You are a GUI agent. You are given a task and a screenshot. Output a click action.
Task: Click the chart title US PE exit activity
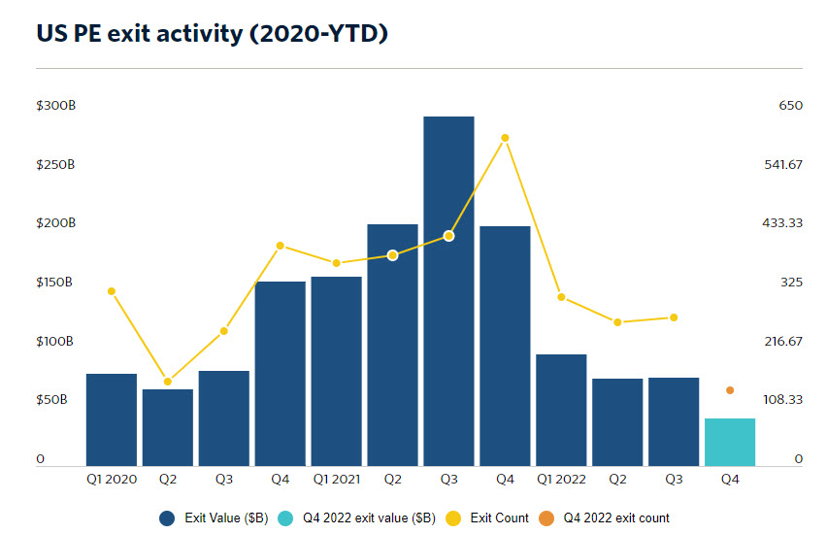tap(212, 33)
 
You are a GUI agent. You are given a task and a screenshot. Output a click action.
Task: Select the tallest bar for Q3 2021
tap(448, 291)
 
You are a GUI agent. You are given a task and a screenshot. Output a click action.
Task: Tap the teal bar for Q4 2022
tap(730, 443)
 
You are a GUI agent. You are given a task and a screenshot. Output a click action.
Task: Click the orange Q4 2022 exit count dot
tap(730, 390)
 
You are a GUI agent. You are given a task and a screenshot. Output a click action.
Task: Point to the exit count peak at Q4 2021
tap(505, 138)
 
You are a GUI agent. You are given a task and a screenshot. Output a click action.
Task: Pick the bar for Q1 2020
tap(112, 419)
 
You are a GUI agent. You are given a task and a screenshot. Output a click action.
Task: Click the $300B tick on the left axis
tap(55, 105)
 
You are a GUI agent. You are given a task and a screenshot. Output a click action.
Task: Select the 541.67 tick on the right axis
tap(783, 164)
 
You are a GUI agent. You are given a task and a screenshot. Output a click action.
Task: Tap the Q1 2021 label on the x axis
tap(336, 479)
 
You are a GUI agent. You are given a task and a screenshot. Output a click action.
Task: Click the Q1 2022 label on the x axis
tap(561, 479)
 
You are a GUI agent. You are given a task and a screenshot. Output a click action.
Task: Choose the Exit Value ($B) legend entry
tap(215, 518)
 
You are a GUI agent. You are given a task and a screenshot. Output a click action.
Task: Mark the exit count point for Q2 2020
tap(168, 382)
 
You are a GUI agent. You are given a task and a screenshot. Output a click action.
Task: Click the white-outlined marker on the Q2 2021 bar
tap(392, 255)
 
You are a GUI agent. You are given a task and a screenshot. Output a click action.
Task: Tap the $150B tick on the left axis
tap(55, 282)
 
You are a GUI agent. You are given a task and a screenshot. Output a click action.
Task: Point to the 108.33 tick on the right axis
tap(783, 399)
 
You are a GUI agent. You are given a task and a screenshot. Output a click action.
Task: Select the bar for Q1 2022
tap(561, 410)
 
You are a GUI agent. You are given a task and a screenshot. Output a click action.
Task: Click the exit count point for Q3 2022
tap(674, 317)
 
